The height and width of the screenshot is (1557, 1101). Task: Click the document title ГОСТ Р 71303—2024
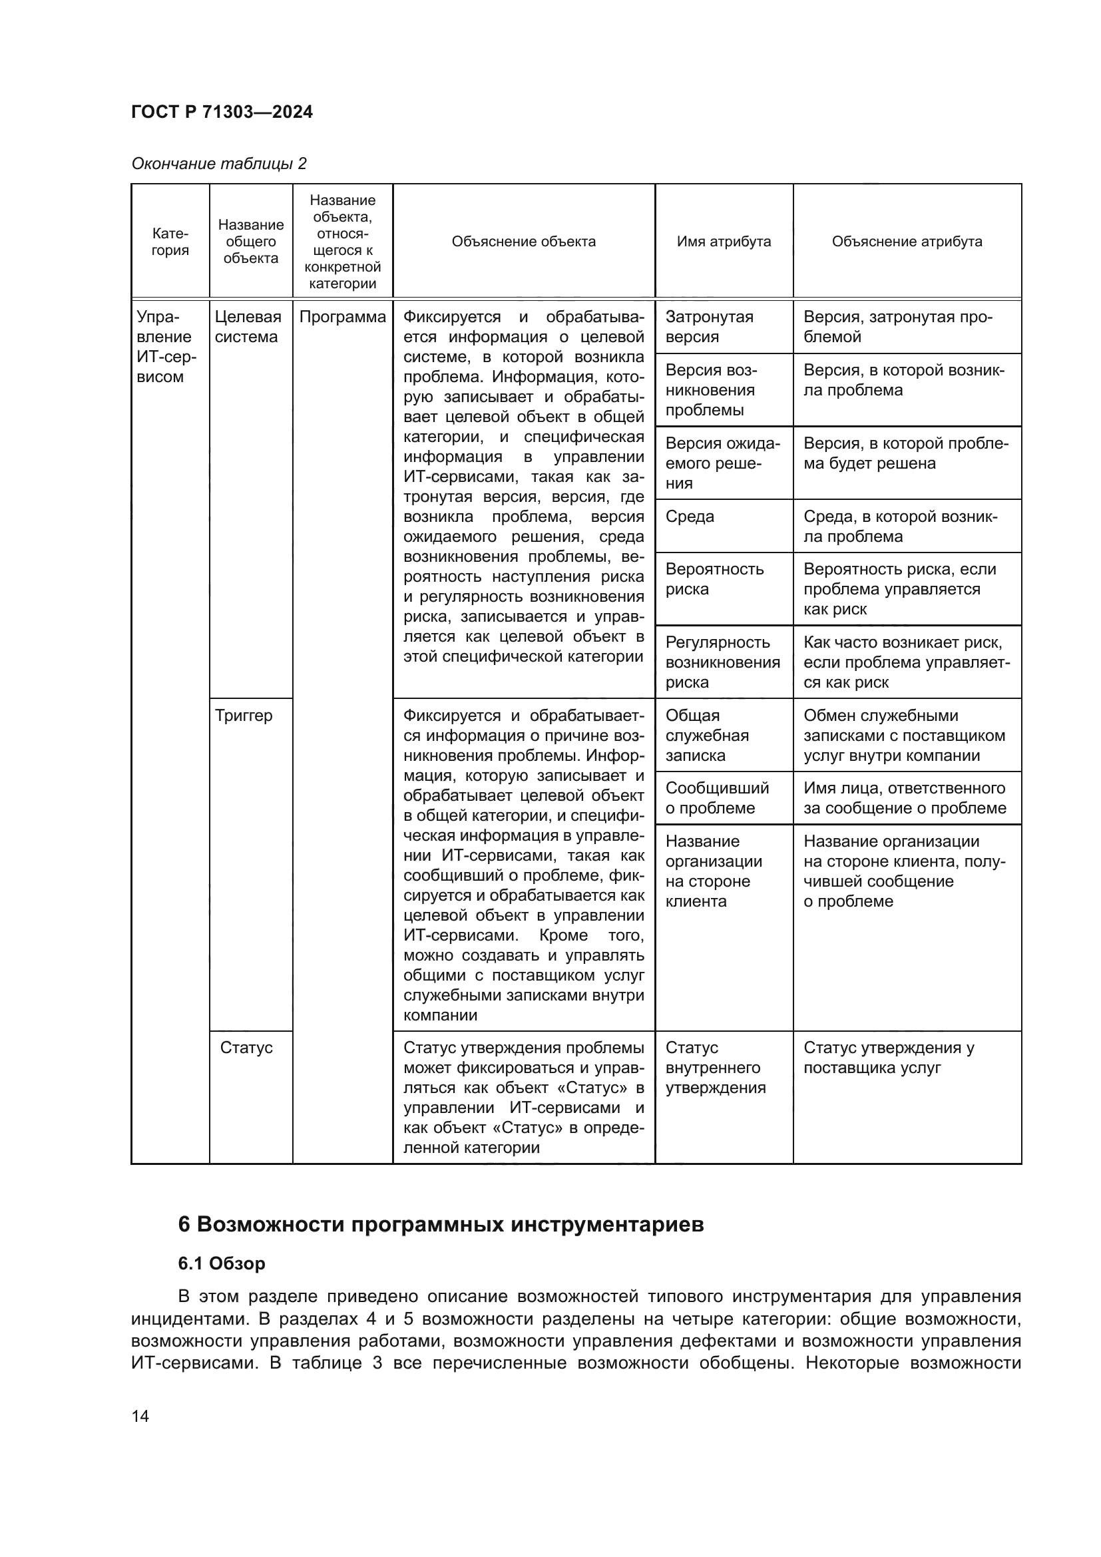click(222, 112)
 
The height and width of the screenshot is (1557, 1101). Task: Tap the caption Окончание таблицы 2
click(219, 164)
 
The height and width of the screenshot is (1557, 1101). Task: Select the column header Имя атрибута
click(724, 242)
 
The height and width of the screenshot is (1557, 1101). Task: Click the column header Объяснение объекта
click(523, 242)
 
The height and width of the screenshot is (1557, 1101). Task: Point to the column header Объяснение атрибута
click(907, 242)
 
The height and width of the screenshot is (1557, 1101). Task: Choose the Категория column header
click(170, 242)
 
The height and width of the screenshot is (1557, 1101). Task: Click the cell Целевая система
click(248, 327)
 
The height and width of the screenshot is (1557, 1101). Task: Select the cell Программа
click(342, 318)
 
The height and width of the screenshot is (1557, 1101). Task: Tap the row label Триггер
click(244, 716)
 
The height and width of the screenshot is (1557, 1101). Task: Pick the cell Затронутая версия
click(709, 327)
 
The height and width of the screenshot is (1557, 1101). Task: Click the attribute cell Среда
click(690, 517)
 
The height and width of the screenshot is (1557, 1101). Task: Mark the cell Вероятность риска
click(714, 579)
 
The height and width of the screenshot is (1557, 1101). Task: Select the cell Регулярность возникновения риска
click(722, 662)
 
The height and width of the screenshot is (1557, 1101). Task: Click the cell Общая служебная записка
click(706, 735)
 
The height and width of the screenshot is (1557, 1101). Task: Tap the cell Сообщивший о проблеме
click(717, 798)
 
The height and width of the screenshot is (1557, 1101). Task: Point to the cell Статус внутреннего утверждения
click(715, 1067)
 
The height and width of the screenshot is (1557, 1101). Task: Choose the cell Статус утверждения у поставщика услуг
click(888, 1058)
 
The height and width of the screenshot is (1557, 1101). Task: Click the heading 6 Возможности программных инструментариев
click(441, 1225)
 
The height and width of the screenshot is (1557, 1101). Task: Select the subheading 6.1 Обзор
click(222, 1263)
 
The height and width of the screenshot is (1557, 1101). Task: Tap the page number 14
click(140, 1415)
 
